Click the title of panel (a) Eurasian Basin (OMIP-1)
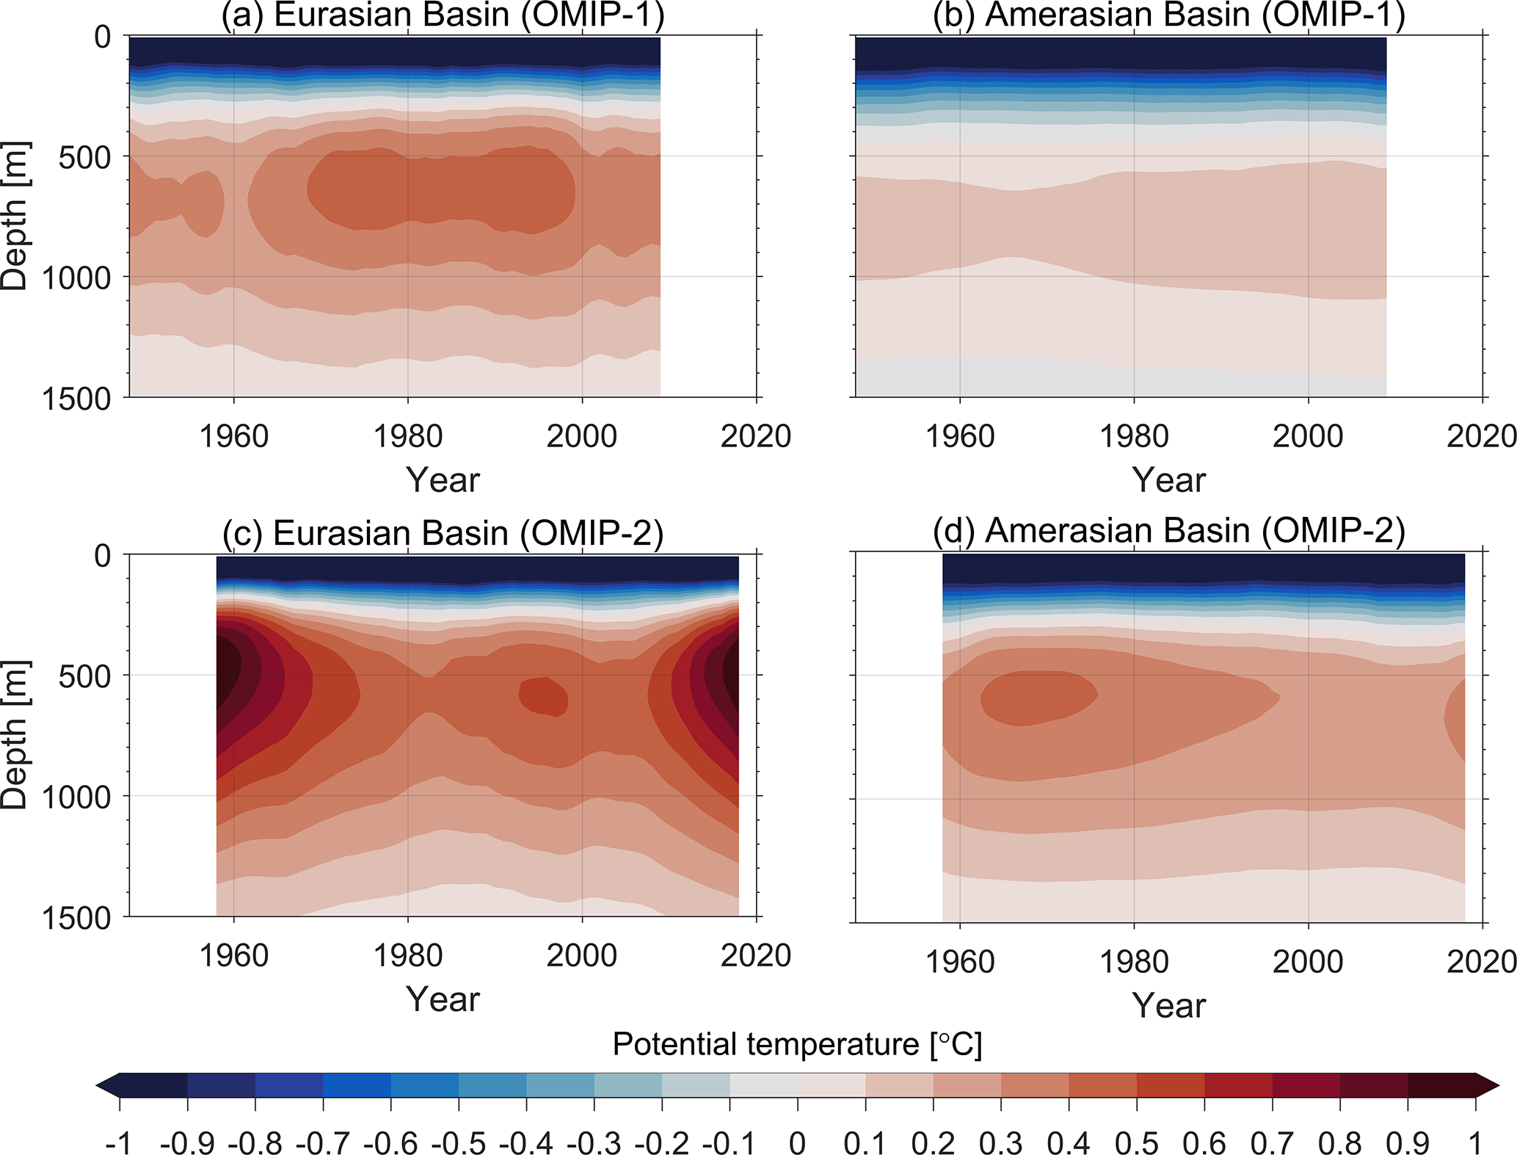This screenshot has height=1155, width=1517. pyautogui.click(x=443, y=15)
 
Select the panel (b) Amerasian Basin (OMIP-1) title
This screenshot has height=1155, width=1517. pyautogui.click(x=1168, y=15)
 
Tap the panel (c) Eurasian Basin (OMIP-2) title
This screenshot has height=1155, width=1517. pyautogui.click(x=443, y=532)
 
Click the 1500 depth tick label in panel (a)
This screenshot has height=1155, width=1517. pyautogui.click(x=76, y=399)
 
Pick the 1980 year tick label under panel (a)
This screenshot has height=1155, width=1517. pyautogui.click(x=408, y=437)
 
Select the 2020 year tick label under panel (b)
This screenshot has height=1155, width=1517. pyautogui.click(x=1481, y=437)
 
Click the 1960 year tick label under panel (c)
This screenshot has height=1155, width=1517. pyautogui.click(x=234, y=956)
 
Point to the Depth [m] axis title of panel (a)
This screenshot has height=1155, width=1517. pyautogui.click(x=15, y=217)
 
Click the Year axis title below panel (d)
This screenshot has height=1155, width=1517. pyautogui.click(x=1168, y=1005)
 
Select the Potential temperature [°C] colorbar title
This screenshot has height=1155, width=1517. pyautogui.click(x=797, y=1044)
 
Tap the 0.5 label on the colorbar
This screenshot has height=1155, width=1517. pyautogui.click(x=1137, y=1143)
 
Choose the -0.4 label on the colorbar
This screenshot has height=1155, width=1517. pyautogui.click(x=525, y=1143)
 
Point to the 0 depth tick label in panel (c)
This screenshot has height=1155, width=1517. pyautogui.click(x=103, y=556)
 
